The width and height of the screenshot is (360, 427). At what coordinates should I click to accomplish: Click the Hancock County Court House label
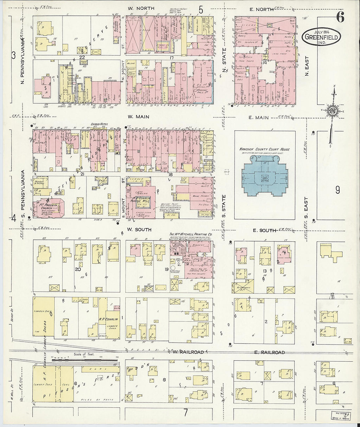point(265,150)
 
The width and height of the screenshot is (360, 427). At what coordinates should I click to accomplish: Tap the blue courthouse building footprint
point(265,177)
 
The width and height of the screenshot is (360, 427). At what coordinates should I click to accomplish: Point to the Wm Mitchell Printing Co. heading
point(191,235)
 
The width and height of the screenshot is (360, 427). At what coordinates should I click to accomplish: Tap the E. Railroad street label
point(269,352)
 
